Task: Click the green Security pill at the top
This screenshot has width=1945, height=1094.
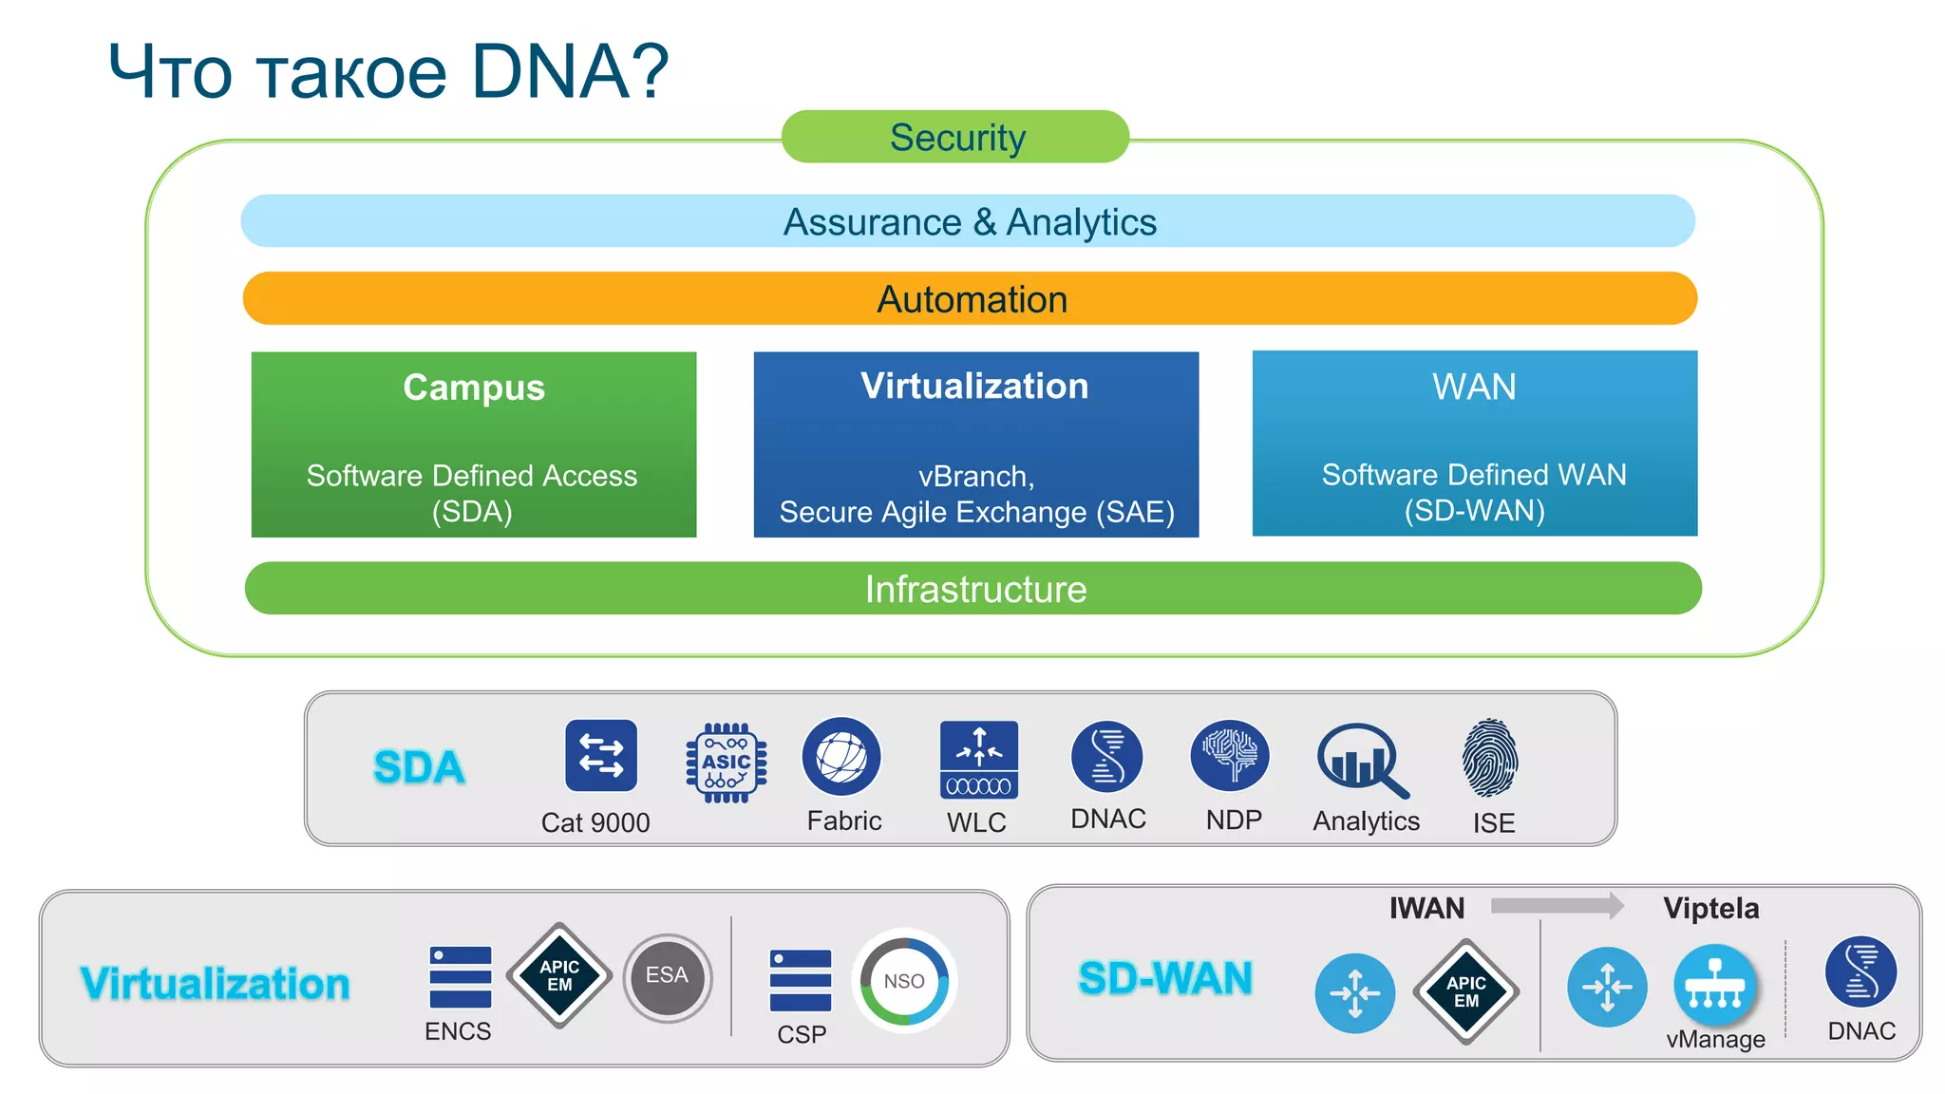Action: [955, 137]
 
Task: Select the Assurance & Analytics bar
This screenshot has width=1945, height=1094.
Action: [968, 221]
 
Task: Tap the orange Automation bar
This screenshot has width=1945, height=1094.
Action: [970, 299]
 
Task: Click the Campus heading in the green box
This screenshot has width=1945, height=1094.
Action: [473, 387]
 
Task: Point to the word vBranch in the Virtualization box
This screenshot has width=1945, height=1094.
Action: [975, 476]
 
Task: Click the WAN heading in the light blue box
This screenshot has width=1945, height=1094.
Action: [1474, 387]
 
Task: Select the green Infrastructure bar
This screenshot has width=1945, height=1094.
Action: [973, 589]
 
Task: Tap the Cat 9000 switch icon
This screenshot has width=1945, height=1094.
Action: [600, 756]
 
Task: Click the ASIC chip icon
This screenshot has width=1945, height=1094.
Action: [727, 763]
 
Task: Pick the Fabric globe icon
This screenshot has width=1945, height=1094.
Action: [841, 757]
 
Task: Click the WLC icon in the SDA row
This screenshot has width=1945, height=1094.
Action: [978, 760]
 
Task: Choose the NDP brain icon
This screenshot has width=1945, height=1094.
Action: [1229, 756]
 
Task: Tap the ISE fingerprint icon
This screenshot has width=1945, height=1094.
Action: [1490, 758]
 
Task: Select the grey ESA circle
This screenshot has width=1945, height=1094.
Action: [668, 977]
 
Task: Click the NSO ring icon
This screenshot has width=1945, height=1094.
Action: [904, 981]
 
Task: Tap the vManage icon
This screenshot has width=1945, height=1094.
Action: [1714, 986]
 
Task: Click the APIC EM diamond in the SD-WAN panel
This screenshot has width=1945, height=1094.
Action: [1465, 991]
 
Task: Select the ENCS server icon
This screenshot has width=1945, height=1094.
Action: [460, 976]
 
